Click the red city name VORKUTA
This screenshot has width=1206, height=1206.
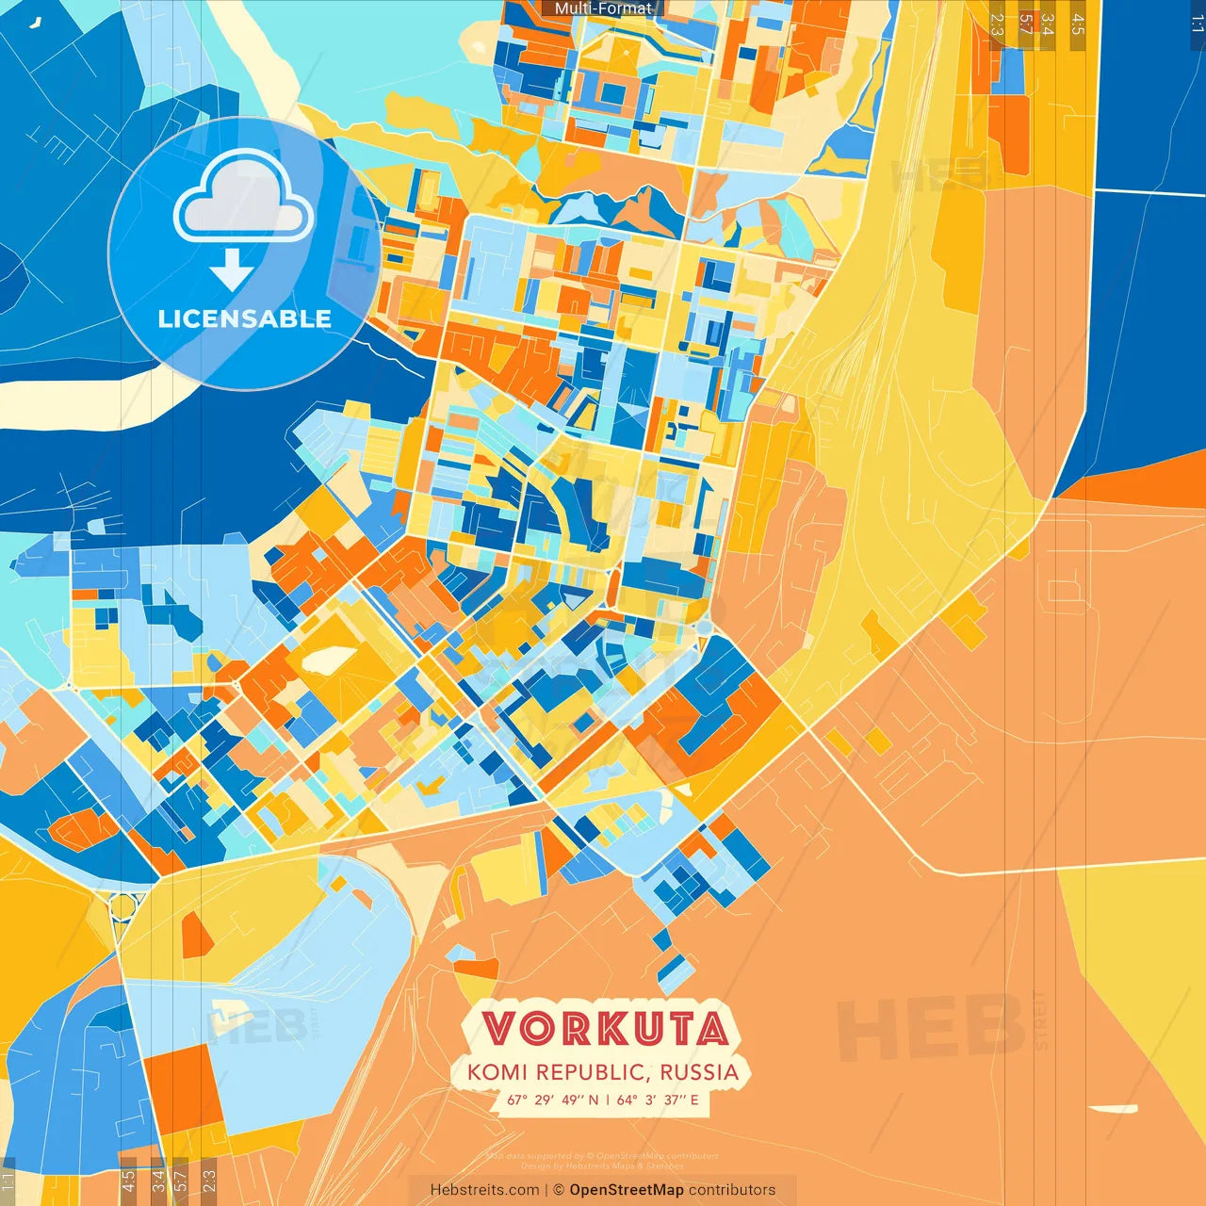[605, 1029]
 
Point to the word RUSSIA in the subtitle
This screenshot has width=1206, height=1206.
[699, 1072]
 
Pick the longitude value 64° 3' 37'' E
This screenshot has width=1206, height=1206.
[658, 1100]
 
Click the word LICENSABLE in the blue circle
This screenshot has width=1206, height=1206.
[245, 318]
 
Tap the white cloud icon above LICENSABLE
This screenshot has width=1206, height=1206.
[244, 197]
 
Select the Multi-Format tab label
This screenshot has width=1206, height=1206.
[603, 8]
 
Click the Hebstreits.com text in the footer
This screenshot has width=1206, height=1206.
[484, 1190]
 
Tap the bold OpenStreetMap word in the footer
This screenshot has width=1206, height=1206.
[627, 1190]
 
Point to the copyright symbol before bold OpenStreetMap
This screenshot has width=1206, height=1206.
[559, 1190]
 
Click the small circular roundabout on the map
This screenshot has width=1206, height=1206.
[122, 907]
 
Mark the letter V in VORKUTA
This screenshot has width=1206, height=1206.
[500, 1029]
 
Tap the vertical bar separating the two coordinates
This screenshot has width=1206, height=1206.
[608, 1100]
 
